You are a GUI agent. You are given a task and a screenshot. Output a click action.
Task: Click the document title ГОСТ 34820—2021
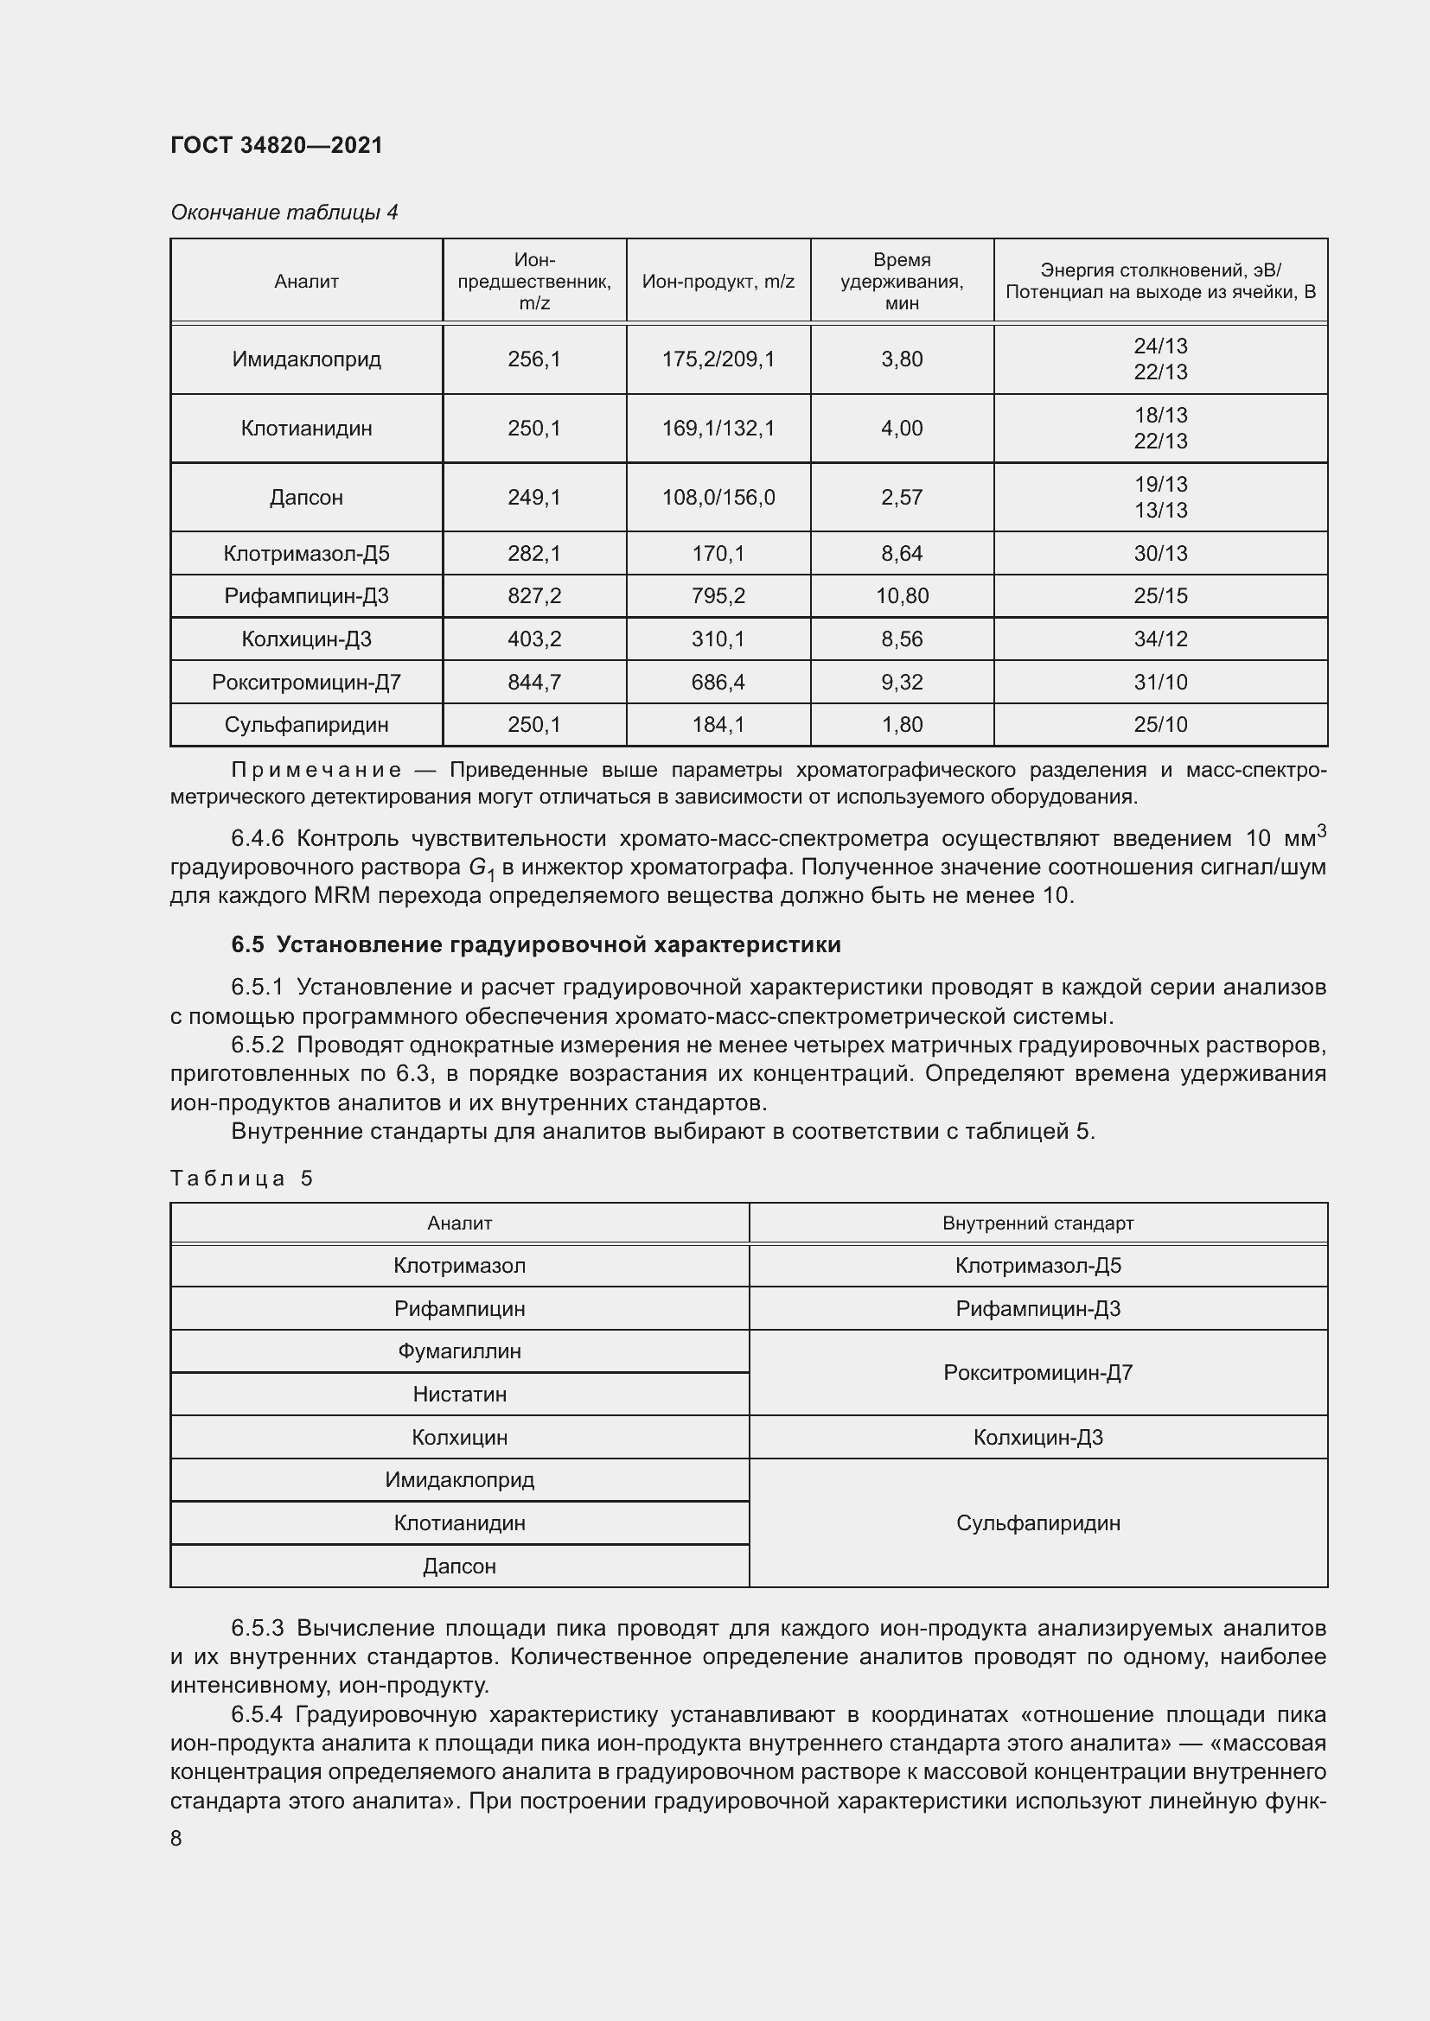coord(277,145)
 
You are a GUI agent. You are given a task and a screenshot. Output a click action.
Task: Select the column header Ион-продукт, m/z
coord(718,282)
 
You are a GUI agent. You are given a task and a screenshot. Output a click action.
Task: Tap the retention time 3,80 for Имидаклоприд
coord(902,359)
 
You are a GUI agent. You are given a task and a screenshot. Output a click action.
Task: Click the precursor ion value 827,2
coord(533,596)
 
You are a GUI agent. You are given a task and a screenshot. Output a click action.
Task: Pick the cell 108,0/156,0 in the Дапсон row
coord(718,498)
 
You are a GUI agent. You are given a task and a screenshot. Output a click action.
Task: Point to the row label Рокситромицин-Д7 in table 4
coord(306,683)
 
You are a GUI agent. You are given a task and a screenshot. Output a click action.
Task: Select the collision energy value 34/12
coord(1159,639)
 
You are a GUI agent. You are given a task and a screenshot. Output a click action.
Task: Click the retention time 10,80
coord(902,596)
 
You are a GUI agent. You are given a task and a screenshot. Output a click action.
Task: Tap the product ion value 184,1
coord(718,724)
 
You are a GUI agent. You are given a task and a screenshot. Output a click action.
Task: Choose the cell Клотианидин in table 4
coord(306,429)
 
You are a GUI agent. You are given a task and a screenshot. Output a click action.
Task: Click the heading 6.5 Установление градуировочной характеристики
coord(535,944)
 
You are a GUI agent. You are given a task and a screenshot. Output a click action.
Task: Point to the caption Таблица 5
coord(241,1179)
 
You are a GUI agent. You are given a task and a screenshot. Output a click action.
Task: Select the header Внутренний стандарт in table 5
coord(1037,1223)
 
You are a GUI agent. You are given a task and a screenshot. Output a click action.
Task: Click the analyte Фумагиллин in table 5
coord(459,1351)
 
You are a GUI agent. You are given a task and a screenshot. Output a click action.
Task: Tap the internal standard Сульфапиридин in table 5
coord(1037,1522)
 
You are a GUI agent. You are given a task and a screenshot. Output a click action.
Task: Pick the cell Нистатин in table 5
coord(459,1395)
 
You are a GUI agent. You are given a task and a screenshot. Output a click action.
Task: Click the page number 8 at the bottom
coord(176,1839)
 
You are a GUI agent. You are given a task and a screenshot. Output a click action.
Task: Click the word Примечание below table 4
coord(316,770)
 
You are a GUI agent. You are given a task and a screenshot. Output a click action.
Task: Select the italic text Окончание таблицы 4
coord(284,213)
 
